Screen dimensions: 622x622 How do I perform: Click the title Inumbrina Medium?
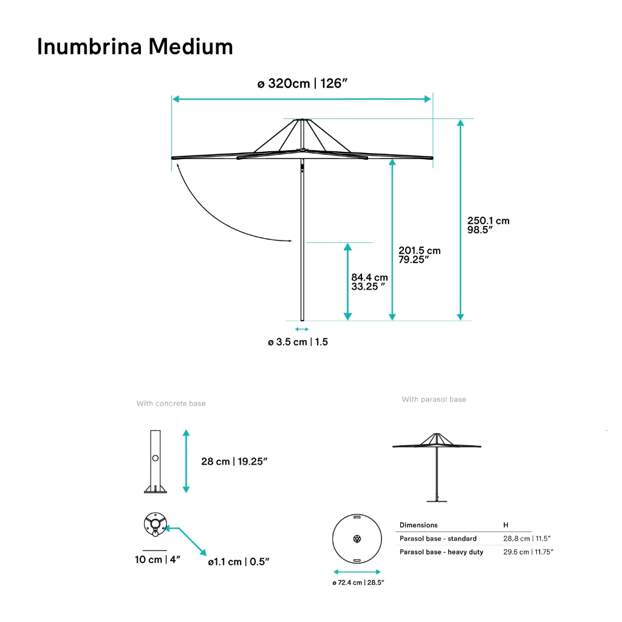coord(135,46)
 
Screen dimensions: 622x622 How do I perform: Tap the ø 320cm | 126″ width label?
coord(302,84)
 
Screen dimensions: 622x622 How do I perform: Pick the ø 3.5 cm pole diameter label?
coord(298,342)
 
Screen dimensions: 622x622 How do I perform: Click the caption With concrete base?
coord(171,403)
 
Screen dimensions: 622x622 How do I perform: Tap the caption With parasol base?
coord(434,400)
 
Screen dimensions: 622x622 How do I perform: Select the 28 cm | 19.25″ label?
coord(234,462)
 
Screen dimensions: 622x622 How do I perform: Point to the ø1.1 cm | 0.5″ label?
coord(238,562)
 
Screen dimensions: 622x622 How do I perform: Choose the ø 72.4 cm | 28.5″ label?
coord(358,583)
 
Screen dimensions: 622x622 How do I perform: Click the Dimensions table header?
coord(419,525)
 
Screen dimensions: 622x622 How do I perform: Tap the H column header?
coord(506,525)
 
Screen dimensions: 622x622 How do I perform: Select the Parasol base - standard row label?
coord(438,539)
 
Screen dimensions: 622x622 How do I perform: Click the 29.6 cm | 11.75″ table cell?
coord(528,552)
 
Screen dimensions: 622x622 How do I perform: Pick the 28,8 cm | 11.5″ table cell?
coord(527,539)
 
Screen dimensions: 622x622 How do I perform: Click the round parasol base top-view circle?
coord(357,539)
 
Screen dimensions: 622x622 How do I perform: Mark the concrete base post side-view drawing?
coord(155,462)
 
